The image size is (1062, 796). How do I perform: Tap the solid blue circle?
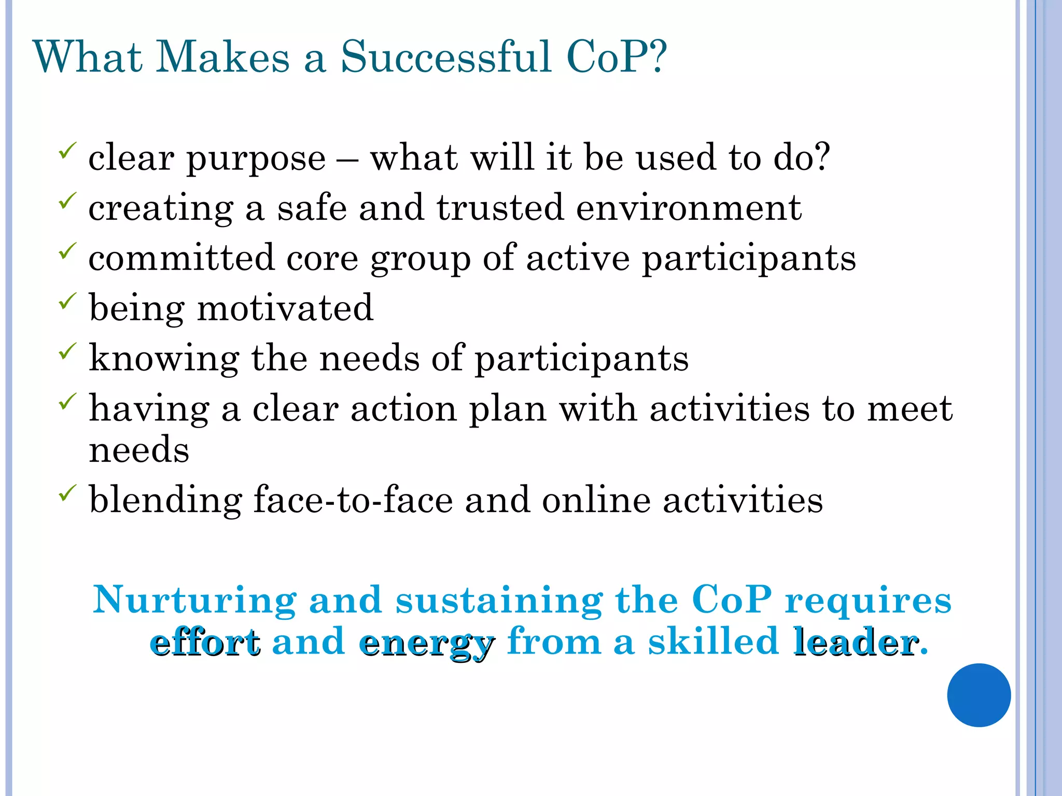(x=979, y=695)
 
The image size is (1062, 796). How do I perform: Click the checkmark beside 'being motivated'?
(x=68, y=301)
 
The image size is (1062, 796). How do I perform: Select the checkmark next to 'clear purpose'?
(x=68, y=151)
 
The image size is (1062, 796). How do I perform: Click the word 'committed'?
(x=181, y=258)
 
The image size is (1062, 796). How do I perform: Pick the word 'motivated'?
(x=285, y=308)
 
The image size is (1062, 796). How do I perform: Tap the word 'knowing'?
(x=164, y=359)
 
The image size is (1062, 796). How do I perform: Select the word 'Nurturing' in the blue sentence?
(x=194, y=600)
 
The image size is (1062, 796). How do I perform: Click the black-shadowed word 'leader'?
(x=856, y=643)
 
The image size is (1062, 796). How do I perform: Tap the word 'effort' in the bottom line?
(x=205, y=643)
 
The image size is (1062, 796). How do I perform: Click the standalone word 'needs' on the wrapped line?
(x=139, y=449)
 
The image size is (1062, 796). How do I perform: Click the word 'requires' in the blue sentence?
(x=868, y=600)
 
